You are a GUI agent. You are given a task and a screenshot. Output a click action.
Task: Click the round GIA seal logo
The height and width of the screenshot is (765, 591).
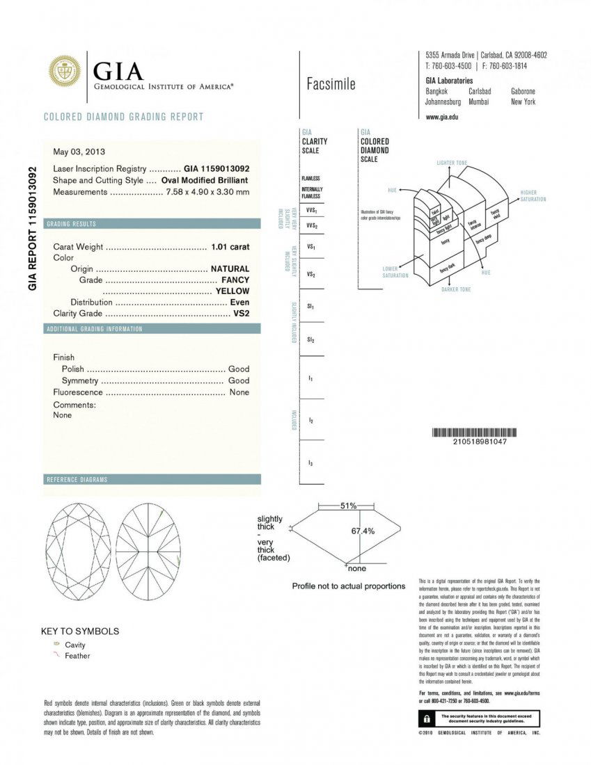64,72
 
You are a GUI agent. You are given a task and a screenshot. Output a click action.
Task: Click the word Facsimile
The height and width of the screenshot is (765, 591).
331,84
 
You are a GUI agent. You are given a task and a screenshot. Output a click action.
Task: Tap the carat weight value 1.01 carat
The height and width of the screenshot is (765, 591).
230,246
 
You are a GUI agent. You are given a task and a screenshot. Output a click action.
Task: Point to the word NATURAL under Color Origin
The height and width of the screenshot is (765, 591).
230,268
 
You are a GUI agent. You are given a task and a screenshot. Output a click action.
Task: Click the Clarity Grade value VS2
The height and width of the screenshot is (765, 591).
241,313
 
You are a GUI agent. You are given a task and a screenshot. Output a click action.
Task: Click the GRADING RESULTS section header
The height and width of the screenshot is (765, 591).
71,224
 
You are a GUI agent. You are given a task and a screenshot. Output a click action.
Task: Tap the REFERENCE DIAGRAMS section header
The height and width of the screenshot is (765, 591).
77,480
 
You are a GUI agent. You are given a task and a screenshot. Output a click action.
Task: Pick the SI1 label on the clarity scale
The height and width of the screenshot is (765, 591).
310,307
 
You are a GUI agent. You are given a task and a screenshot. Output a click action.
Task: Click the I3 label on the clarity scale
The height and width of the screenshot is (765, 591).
310,462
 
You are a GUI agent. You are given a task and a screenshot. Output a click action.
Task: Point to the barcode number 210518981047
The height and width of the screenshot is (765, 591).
480,442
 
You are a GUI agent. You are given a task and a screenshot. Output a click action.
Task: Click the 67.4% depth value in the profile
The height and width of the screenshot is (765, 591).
362,531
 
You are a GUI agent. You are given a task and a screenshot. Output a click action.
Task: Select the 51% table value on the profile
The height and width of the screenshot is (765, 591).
348,506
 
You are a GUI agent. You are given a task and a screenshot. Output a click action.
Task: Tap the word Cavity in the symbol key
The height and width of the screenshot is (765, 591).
75,645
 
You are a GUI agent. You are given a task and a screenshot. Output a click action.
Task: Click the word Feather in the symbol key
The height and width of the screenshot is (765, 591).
77,656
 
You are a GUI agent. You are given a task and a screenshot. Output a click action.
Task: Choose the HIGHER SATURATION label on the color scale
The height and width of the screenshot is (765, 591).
533,195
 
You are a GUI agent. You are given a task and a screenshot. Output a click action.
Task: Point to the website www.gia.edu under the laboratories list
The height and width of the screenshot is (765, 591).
441,117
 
